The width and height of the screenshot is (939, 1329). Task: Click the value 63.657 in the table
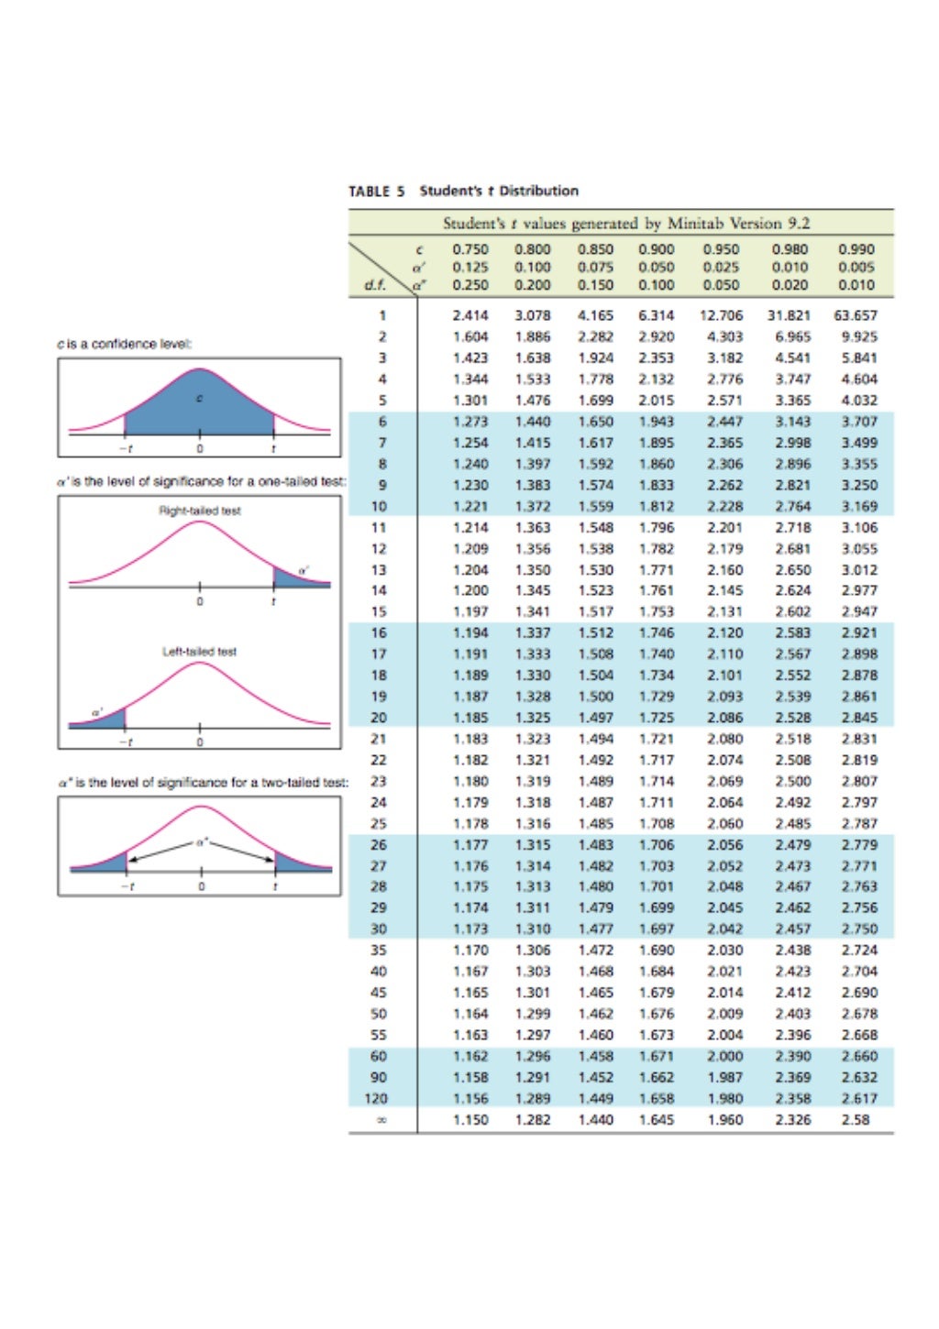[855, 315]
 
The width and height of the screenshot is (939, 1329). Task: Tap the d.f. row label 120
[377, 1098]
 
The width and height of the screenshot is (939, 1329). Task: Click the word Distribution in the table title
[538, 191]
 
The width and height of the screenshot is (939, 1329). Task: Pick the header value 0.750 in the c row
[470, 249]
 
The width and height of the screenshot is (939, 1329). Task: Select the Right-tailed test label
[200, 511]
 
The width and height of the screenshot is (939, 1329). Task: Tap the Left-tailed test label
[199, 652]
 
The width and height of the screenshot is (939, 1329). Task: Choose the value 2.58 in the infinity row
[855, 1119]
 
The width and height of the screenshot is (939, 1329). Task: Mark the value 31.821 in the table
[789, 315]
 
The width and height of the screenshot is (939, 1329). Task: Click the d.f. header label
[374, 284]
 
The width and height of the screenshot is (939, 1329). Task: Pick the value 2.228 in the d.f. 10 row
[724, 506]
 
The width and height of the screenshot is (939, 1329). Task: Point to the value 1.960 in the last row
[724, 1119]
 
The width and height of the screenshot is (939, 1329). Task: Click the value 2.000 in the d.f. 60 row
[724, 1056]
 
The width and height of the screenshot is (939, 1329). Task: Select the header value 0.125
[470, 267]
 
